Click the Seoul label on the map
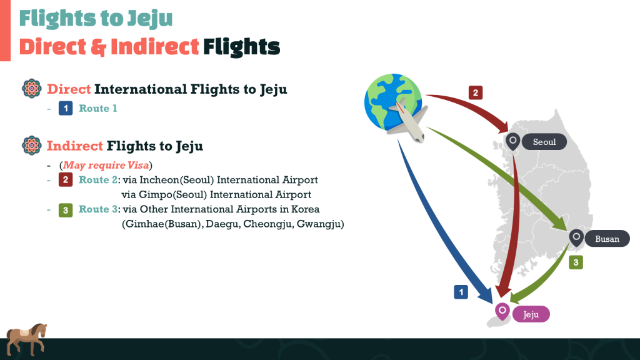pyautogui.click(x=544, y=142)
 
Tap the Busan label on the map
pyautogui.click(x=607, y=239)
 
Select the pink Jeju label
pyautogui.click(x=531, y=314)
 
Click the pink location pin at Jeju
pyautogui.click(x=502, y=311)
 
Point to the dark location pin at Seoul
pyautogui.click(x=513, y=141)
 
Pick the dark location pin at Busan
pyautogui.click(x=576, y=238)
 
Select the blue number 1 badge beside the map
pyautogui.click(x=461, y=292)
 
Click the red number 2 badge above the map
pyautogui.click(x=476, y=92)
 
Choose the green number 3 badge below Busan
pyautogui.click(x=576, y=262)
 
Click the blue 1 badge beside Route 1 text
pyautogui.click(x=66, y=108)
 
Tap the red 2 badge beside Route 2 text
pyautogui.click(x=66, y=179)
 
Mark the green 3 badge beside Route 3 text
pyautogui.click(x=66, y=210)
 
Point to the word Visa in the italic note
pyautogui.click(x=138, y=165)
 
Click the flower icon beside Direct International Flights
pyautogui.click(x=31, y=89)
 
